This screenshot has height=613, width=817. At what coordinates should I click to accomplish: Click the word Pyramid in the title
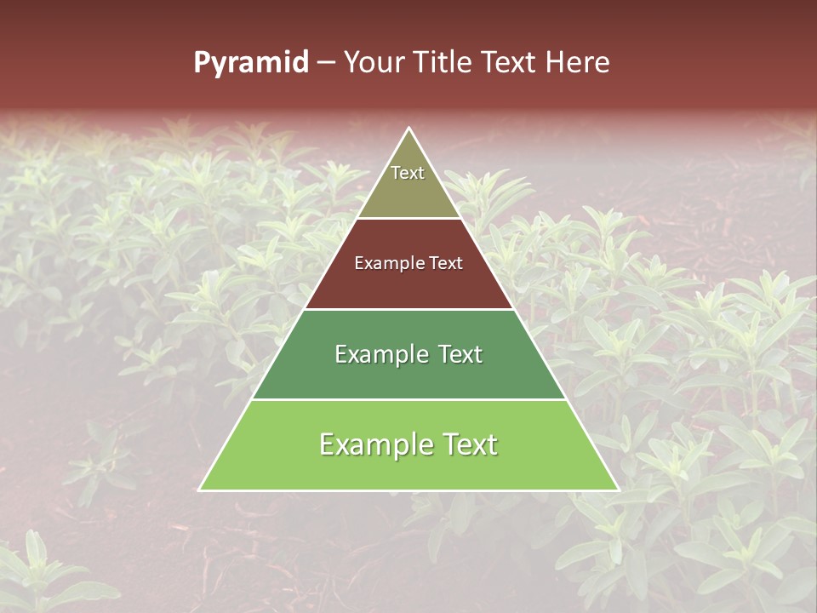pyautogui.click(x=251, y=63)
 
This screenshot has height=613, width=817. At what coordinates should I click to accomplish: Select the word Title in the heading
pyautogui.click(x=443, y=62)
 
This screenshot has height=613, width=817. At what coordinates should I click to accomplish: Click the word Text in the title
pyautogui.click(x=509, y=62)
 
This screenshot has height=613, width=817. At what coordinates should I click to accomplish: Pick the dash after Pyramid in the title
pyautogui.click(x=326, y=63)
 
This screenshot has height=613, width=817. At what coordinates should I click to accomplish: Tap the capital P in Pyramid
pyautogui.click(x=202, y=62)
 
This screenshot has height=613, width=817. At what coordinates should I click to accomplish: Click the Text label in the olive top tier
pyautogui.click(x=408, y=173)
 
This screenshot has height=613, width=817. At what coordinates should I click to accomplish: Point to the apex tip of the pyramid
pyautogui.click(x=409, y=129)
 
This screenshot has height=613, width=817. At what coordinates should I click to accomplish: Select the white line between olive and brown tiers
pyautogui.click(x=409, y=218)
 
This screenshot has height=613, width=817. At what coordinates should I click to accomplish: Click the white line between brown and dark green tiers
pyautogui.click(x=409, y=309)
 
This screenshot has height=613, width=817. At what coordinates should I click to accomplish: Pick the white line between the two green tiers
pyautogui.click(x=409, y=399)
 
